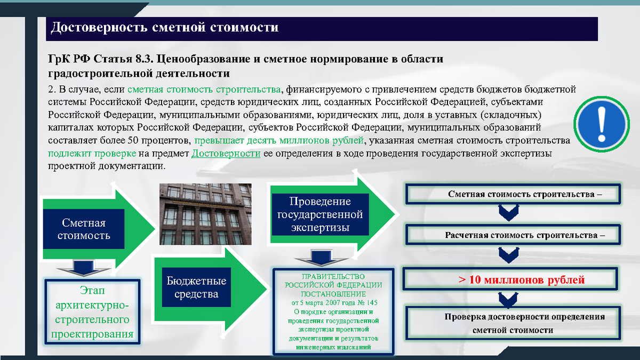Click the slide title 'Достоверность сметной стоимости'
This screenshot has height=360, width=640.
(x=164, y=28)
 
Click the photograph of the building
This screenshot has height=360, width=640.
(x=205, y=214)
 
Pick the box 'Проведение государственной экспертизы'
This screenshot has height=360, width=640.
(x=320, y=215)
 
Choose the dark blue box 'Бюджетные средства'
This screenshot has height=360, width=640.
(x=196, y=287)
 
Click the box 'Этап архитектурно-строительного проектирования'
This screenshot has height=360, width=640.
(x=92, y=313)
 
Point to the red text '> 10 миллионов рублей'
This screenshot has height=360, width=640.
(x=522, y=279)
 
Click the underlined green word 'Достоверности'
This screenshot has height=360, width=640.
(x=226, y=154)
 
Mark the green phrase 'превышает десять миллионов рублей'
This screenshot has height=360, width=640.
(x=279, y=141)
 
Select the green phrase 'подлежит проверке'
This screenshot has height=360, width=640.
(x=91, y=154)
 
